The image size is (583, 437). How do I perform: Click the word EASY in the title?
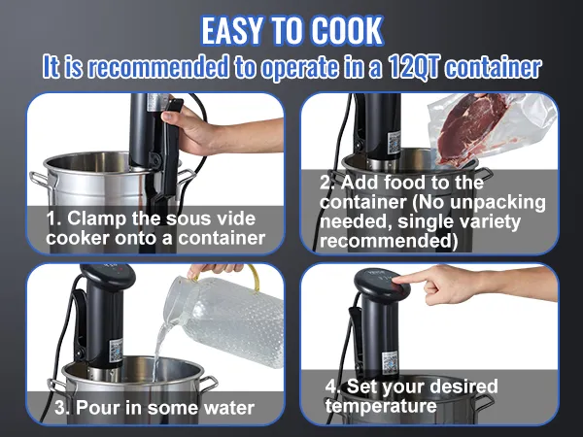pos(235,31)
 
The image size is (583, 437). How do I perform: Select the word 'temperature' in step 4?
pos(381,406)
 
